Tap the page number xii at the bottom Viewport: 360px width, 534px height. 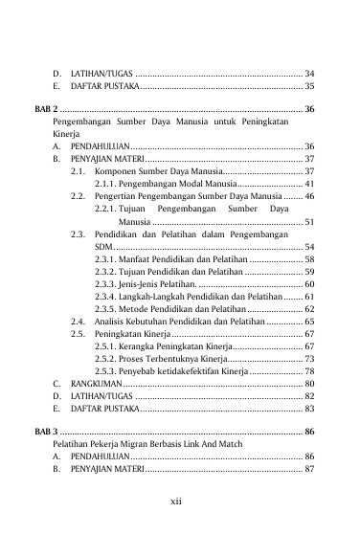click(x=180, y=501)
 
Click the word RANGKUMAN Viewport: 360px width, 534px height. click(x=92, y=384)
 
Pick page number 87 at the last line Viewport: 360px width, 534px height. click(x=309, y=471)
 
